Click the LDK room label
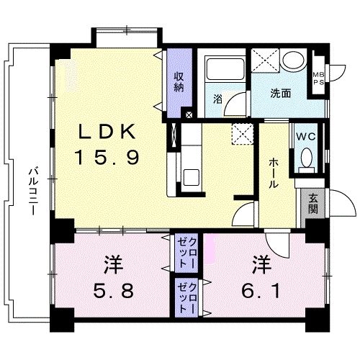coord(107,132)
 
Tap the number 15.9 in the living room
coord(107,157)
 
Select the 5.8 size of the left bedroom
coord(113,290)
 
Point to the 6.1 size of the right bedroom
coord(261,291)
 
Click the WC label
coord(306,137)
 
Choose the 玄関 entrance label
coord(313,203)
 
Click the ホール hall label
coord(274,173)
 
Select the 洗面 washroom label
coord(281,94)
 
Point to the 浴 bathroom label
coord(217,99)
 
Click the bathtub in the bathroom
coord(225,69)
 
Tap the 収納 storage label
coord(179,82)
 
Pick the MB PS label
coord(318,78)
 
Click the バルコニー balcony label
coord(33,192)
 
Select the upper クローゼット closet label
coord(187,253)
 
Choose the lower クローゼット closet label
coord(187,298)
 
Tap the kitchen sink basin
coord(191,177)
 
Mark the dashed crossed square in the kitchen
coord(243,134)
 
